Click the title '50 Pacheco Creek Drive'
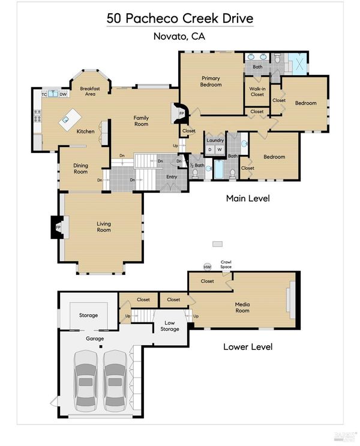pos(180,19)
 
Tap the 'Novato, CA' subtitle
pos(179,37)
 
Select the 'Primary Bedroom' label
pos(211,82)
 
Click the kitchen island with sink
pos(70,119)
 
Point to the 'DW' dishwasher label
pos(63,94)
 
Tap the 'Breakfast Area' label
pos(90,91)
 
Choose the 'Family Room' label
pos(142,121)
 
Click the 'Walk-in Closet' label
pos(257,92)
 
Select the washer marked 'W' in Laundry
pos(219,150)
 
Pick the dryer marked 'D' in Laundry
pos(210,150)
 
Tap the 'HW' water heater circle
pos(207,267)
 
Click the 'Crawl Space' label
pos(226,264)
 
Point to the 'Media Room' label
pos(242,307)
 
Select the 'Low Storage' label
pos(170,326)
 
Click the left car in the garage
pos(86,381)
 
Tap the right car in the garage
pos(115,381)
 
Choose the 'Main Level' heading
pos(248,198)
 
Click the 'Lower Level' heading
pos(248,347)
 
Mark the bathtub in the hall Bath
pos(219,169)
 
